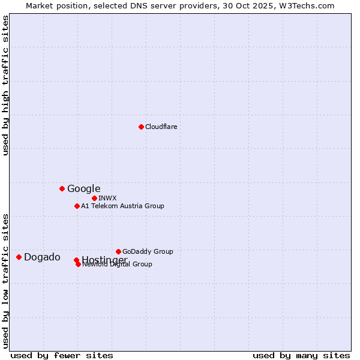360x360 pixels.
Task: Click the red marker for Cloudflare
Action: (141, 127)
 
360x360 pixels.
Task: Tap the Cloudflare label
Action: (161, 127)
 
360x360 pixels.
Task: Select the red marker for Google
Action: (62, 188)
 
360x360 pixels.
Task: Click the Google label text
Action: (83, 189)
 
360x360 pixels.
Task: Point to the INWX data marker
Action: (94, 198)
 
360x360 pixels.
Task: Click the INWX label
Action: (107, 198)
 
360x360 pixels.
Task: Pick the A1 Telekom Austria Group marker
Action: (77, 206)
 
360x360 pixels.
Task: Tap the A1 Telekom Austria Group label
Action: (122, 206)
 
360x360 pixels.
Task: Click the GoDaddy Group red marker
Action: (118, 251)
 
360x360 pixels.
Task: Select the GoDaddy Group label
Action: (148, 251)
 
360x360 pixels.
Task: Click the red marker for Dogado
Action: (19, 257)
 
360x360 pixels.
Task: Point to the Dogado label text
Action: (42, 257)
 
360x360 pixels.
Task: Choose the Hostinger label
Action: (104, 259)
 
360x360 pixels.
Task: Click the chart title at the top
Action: (180, 5)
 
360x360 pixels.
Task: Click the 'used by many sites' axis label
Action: (301, 355)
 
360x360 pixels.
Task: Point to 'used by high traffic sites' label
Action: (6, 86)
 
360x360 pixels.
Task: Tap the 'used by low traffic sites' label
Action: (6, 280)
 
